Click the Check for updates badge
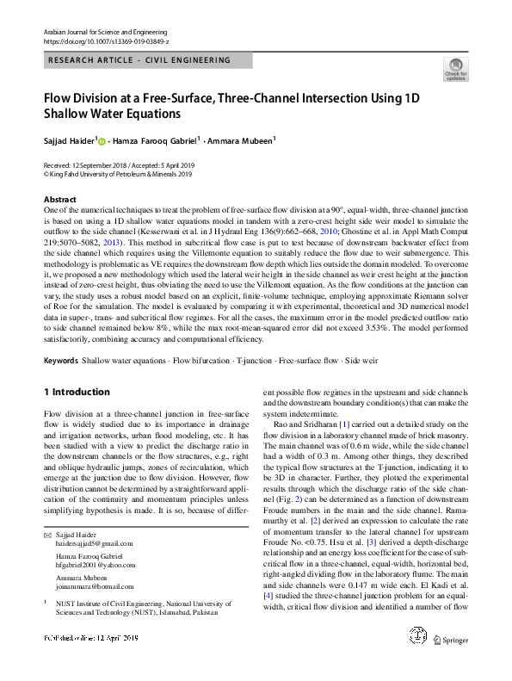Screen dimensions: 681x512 tap(455, 69)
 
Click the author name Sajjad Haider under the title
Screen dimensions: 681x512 tap(70, 139)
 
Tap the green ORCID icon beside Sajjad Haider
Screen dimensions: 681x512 tap(102, 140)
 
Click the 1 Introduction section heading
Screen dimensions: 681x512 tap(77, 393)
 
